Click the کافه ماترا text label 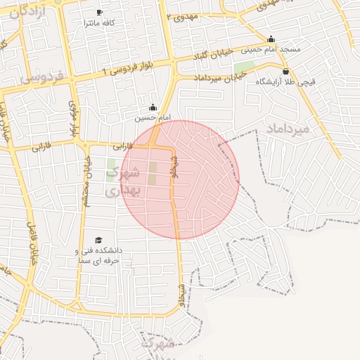point(100,23)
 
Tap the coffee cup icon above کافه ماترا point(99,13)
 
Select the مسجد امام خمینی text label point(271,49)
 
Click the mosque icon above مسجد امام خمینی point(271,39)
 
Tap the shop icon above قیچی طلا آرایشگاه point(285,72)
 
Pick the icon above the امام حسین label point(153,107)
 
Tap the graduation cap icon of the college point(98,240)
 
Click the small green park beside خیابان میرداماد point(245,68)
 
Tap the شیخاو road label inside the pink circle point(174,167)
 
